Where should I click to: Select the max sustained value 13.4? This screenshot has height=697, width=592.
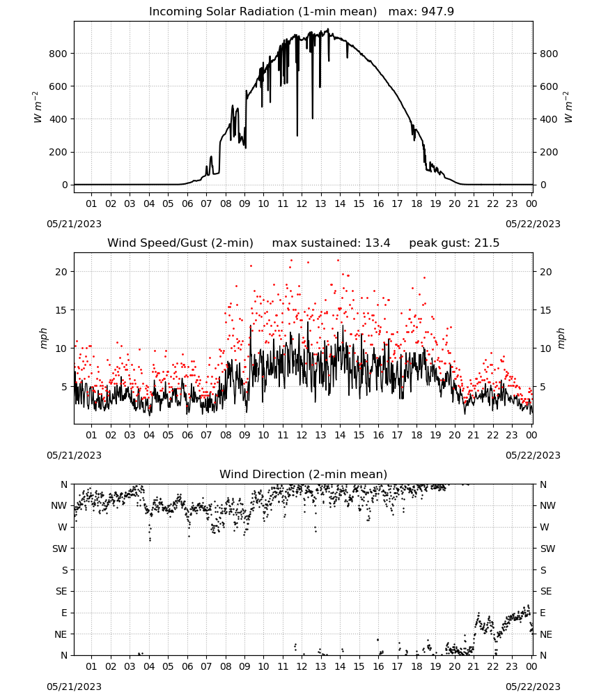(x=377, y=243)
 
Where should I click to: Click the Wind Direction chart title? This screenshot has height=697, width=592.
(x=304, y=474)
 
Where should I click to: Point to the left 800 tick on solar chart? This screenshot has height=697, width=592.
(x=59, y=54)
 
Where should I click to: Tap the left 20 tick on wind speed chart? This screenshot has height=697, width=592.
(x=61, y=272)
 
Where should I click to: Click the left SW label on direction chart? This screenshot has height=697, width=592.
(x=60, y=549)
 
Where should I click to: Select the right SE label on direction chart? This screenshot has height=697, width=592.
(x=546, y=592)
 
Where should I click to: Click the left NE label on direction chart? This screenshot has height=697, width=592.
(x=61, y=635)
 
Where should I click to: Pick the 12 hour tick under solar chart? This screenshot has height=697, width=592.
(x=302, y=204)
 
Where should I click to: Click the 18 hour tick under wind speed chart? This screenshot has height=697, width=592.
(x=416, y=435)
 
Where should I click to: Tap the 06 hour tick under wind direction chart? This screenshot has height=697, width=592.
(x=187, y=667)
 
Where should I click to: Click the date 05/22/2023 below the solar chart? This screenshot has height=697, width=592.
(x=533, y=224)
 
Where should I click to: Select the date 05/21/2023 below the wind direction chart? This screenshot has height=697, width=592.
(x=74, y=687)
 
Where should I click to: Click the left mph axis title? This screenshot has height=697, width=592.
(x=43, y=338)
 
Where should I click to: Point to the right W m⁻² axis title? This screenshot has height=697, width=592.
(x=568, y=107)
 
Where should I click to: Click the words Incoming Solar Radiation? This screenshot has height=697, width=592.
(x=221, y=12)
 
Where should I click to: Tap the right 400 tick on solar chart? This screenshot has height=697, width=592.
(x=549, y=119)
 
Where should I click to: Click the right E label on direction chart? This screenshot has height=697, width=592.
(x=543, y=613)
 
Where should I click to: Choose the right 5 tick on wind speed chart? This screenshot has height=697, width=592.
(x=543, y=387)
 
